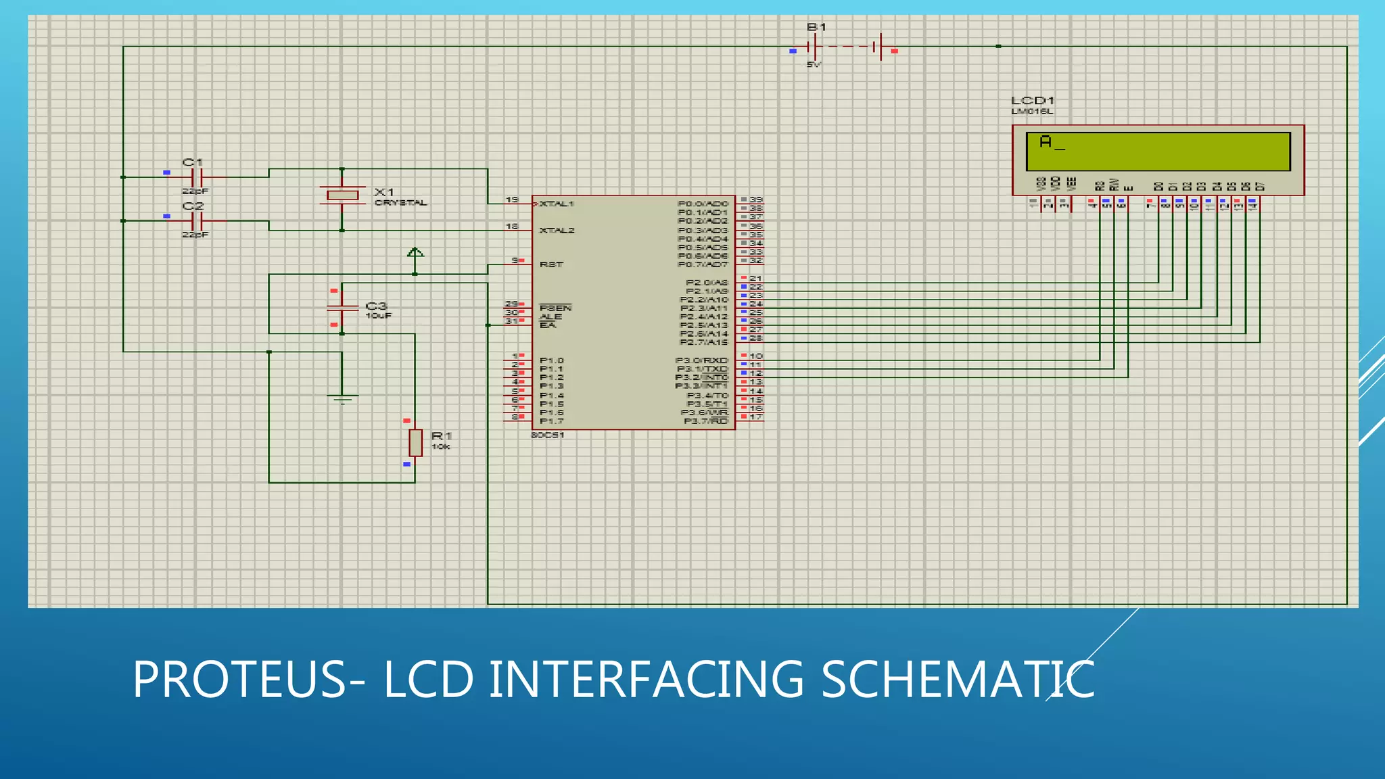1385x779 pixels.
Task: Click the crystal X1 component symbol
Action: (x=342, y=195)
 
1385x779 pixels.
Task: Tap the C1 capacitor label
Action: (x=193, y=162)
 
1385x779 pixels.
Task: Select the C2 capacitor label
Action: (x=193, y=206)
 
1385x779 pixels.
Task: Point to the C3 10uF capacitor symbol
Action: (x=342, y=308)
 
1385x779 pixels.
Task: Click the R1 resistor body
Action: (x=415, y=443)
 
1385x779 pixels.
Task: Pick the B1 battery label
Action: (x=816, y=27)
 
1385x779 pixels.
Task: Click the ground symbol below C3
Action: (x=342, y=398)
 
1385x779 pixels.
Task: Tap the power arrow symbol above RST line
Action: (x=415, y=253)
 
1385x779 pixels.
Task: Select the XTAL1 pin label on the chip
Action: (x=557, y=204)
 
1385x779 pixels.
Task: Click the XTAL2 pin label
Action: (x=557, y=231)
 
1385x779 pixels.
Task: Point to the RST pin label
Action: (x=551, y=264)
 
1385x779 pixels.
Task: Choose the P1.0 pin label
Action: (x=552, y=360)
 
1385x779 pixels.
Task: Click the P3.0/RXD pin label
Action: (x=701, y=360)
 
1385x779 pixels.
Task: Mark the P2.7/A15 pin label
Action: (x=703, y=342)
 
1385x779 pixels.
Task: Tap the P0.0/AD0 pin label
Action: (x=703, y=204)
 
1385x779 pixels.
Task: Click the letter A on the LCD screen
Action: (x=1046, y=142)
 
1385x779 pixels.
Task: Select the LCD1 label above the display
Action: (x=1032, y=101)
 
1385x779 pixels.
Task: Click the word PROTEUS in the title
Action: (x=240, y=680)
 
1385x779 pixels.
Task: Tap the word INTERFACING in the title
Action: (x=647, y=680)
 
